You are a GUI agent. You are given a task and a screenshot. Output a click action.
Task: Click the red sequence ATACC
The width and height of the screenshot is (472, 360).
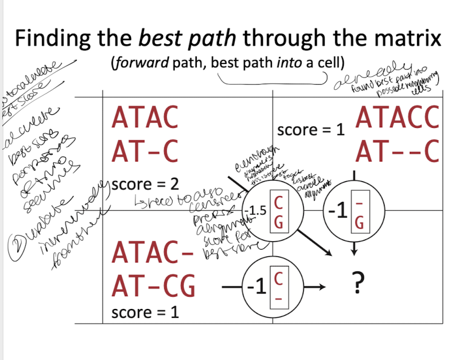coord(397,118)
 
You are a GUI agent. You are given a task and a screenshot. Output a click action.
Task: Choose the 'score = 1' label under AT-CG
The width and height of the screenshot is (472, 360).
coord(145,312)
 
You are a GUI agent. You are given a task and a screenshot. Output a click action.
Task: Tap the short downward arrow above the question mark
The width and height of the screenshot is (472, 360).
coord(353,251)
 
